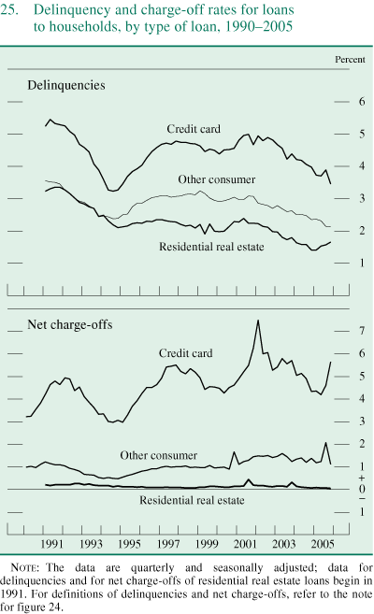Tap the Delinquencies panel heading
click(65, 85)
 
